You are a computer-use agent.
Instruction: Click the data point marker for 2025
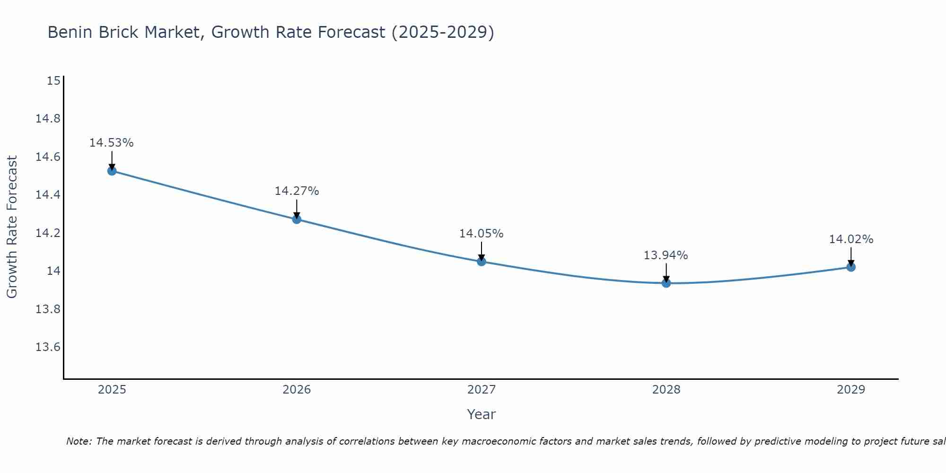[x=112, y=171]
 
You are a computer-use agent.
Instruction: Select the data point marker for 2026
[x=297, y=219]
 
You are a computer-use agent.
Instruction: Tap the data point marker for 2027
[x=482, y=261]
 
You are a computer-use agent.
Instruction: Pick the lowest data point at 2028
[x=666, y=283]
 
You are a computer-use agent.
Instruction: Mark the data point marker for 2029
[x=851, y=267]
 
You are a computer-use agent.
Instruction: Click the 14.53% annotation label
[x=112, y=143]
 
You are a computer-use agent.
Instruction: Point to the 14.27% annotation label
[x=297, y=191]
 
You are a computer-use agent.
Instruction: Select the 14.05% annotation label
[x=482, y=234]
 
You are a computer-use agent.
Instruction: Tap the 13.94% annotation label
[x=666, y=255]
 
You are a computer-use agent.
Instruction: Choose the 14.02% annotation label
[x=851, y=239]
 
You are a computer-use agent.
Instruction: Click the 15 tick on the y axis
[x=53, y=81]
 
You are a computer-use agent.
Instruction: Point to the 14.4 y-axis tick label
[x=48, y=195]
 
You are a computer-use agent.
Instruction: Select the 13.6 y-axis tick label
[x=48, y=347]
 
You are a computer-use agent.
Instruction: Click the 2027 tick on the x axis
[x=482, y=390]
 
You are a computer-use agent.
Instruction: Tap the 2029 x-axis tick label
[x=851, y=390]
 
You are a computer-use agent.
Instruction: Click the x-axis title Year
[x=482, y=414]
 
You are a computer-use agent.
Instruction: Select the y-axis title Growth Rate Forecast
[x=12, y=227]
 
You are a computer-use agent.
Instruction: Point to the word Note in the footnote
[x=79, y=441]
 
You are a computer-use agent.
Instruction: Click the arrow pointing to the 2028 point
[x=666, y=273]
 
